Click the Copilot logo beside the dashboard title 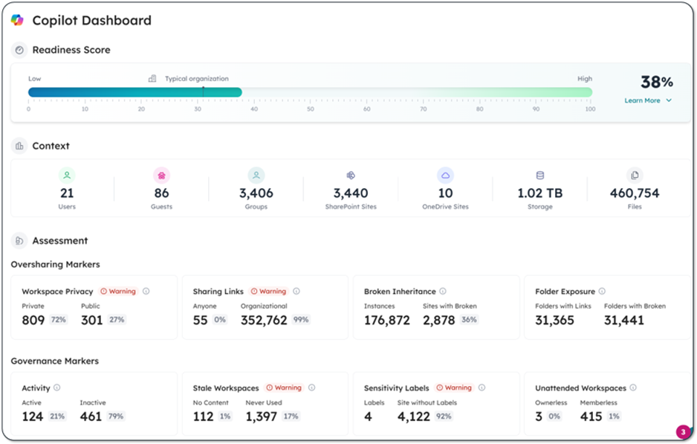(x=17, y=20)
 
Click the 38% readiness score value (x=656, y=82)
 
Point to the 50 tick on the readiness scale (x=310, y=109)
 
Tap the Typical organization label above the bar (x=196, y=78)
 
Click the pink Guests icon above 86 (x=161, y=176)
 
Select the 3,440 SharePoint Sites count (x=351, y=193)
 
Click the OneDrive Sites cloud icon (x=445, y=176)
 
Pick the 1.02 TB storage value (x=539, y=193)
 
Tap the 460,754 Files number (x=634, y=193)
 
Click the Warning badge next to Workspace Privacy (x=118, y=292)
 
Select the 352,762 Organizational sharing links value (x=264, y=320)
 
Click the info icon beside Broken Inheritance (x=443, y=292)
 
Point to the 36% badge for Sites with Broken (x=469, y=320)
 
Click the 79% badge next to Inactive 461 (x=116, y=416)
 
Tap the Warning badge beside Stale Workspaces (x=284, y=387)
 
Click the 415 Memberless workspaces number (x=591, y=416)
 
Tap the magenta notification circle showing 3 (x=683, y=432)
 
